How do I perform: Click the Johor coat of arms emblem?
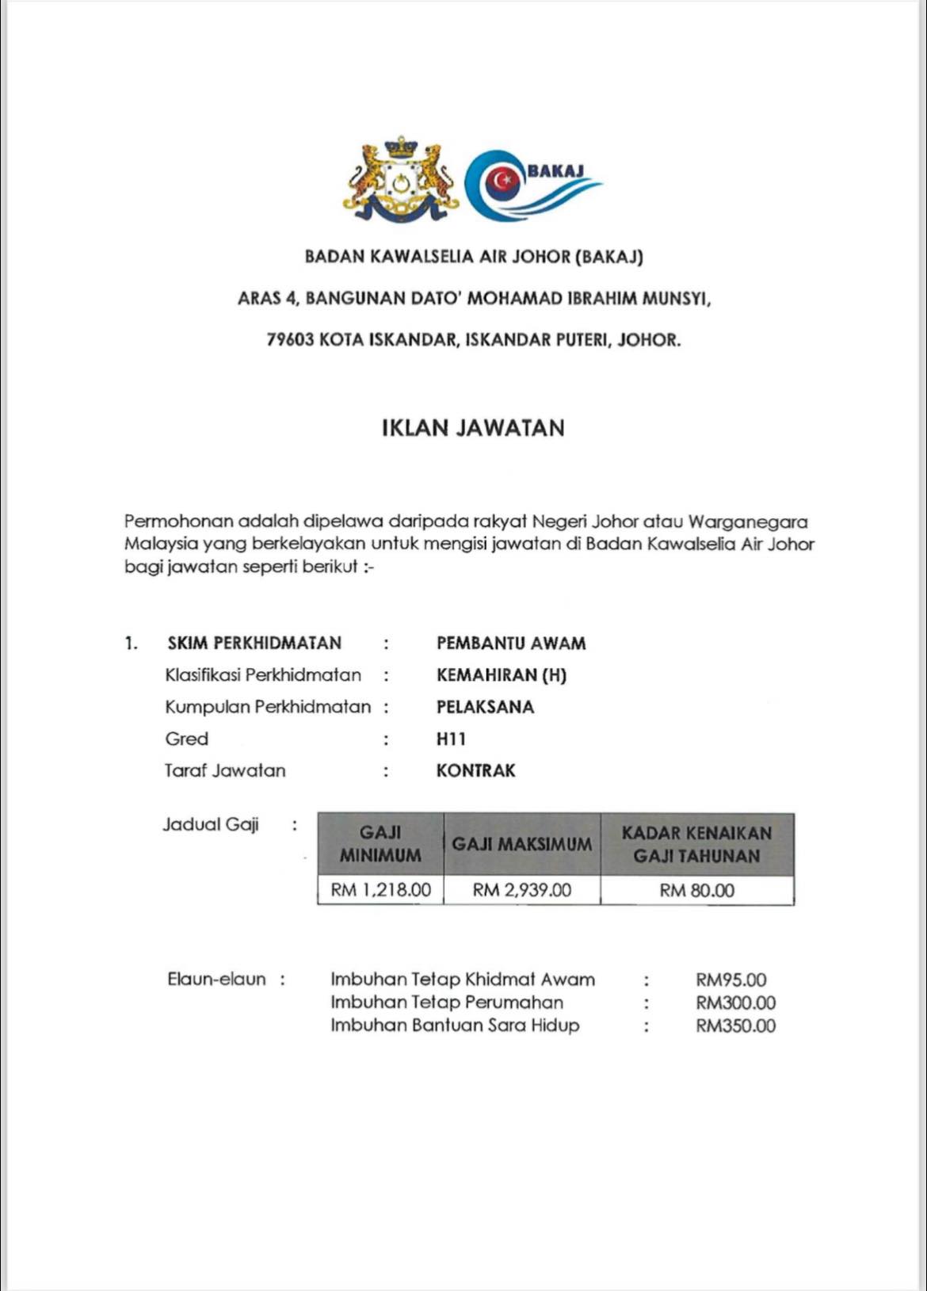(x=401, y=182)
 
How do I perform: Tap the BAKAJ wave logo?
(x=531, y=185)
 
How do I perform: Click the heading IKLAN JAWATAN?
(x=473, y=429)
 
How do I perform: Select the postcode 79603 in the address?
(x=289, y=340)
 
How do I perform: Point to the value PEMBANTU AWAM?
(x=511, y=644)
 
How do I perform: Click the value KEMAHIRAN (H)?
(x=501, y=675)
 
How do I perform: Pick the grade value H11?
(x=451, y=739)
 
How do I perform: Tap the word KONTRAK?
(x=475, y=771)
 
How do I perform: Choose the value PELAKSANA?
(x=485, y=707)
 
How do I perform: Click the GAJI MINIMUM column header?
(x=380, y=844)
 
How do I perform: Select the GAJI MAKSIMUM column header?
(x=521, y=845)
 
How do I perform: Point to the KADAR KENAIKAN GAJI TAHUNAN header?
(x=696, y=845)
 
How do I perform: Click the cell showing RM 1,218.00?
(x=380, y=890)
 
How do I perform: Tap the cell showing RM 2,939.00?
(x=521, y=890)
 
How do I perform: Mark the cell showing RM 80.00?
(x=696, y=891)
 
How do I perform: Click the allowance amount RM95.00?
(x=731, y=980)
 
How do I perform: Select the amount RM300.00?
(x=735, y=1003)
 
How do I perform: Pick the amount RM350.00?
(x=735, y=1026)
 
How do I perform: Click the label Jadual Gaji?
(x=211, y=825)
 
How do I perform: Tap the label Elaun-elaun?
(x=216, y=980)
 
